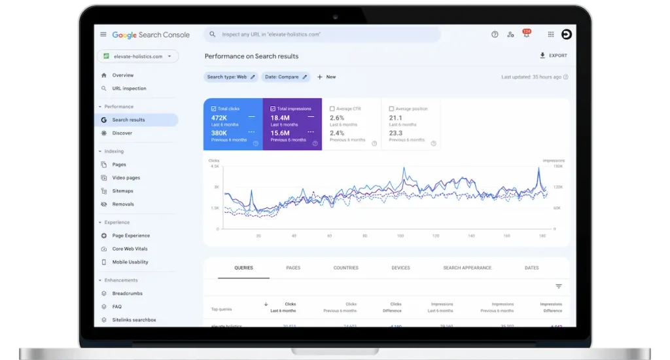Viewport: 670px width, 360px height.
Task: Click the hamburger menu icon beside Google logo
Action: pos(103,35)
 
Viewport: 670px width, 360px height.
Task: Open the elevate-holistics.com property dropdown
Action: pos(138,56)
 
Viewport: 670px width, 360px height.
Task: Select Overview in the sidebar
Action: pos(122,75)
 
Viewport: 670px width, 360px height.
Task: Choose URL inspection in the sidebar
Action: pos(129,88)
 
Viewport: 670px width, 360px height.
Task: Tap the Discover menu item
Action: pos(122,133)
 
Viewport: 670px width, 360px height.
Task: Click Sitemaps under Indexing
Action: pos(122,191)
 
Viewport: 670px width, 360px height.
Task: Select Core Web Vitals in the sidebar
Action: pos(130,249)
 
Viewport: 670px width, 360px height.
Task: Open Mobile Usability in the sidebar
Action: pos(130,262)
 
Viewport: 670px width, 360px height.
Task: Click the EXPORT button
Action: pos(553,56)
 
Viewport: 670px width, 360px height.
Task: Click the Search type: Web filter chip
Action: pos(230,77)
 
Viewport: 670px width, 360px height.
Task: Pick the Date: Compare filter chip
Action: pos(286,77)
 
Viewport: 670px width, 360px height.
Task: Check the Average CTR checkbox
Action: pos(332,109)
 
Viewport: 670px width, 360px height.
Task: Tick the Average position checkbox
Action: pos(391,109)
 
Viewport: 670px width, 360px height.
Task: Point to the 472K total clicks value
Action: pos(219,118)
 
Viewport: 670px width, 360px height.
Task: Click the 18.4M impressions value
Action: pos(280,118)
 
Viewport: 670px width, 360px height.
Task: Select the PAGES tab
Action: pos(293,268)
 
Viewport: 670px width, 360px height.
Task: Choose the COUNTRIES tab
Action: pos(345,268)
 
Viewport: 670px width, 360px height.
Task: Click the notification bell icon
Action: pos(526,35)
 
